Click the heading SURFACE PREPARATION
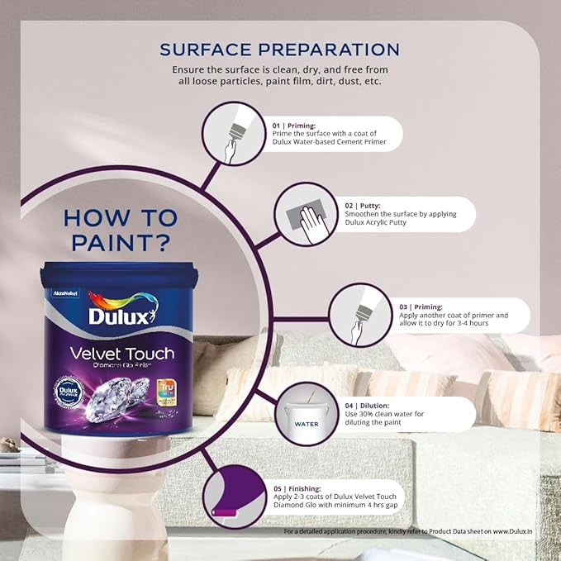pos(279,49)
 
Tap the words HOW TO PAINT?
pos(121,231)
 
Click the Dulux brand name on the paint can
pos(121,317)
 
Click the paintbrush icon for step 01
pos(235,135)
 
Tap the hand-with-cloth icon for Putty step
pos(305,215)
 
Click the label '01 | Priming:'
pos(295,126)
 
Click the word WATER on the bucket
pos(307,424)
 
